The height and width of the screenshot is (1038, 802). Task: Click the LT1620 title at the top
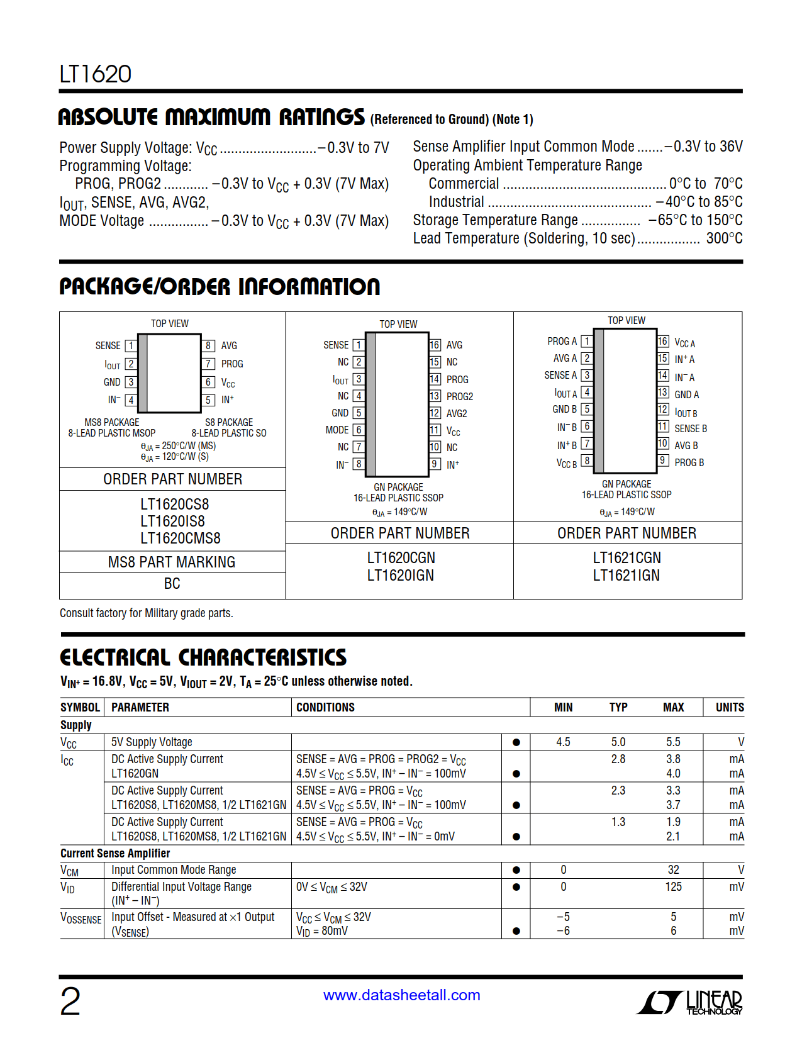tap(96, 74)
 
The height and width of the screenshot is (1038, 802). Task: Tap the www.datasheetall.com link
tap(401, 995)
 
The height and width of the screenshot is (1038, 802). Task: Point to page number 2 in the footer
tap(70, 1002)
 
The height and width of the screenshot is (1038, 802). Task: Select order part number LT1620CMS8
tap(180, 539)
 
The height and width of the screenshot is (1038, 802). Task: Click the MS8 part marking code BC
tap(172, 584)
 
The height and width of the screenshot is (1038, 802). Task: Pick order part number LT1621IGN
tap(626, 576)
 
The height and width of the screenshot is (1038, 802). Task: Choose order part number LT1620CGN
tap(401, 558)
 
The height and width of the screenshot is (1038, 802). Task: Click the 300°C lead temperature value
tap(724, 238)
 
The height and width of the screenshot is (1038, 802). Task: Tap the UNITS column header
tap(729, 708)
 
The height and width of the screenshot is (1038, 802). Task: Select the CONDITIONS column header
tap(325, 708)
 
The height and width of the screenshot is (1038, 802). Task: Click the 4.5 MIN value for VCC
tap(563, 742)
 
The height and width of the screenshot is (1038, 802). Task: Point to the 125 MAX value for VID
tap(673, 887)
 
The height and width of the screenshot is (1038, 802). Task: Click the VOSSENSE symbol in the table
tap(81, 918)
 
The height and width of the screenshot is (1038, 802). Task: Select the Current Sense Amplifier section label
tap(115, 854)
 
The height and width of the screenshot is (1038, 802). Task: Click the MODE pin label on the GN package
tap(337, 430)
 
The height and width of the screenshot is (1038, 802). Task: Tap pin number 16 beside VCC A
tap(663, 342)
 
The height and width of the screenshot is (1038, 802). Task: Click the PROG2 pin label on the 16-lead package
tap(460, 397)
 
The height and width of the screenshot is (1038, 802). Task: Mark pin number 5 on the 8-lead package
tap(208, 400)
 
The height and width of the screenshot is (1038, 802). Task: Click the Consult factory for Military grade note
tap(146, 613)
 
